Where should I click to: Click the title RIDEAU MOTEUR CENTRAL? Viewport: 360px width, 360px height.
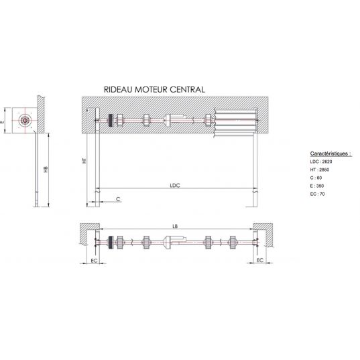[154, 89]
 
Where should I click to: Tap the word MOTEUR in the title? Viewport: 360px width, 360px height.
[148, 89]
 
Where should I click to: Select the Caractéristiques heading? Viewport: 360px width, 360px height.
[331, 154]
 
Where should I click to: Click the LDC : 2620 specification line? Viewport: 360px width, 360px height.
[321, 162]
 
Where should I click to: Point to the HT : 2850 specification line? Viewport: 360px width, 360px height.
[320, 170]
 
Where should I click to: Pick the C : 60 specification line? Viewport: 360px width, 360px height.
[316, 178]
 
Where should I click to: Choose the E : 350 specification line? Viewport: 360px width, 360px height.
[317, 186]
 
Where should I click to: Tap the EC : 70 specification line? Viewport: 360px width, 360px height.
[317, 194]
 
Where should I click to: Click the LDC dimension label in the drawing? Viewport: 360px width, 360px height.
[175, 185]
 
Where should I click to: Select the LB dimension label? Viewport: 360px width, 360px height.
[175, 227]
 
